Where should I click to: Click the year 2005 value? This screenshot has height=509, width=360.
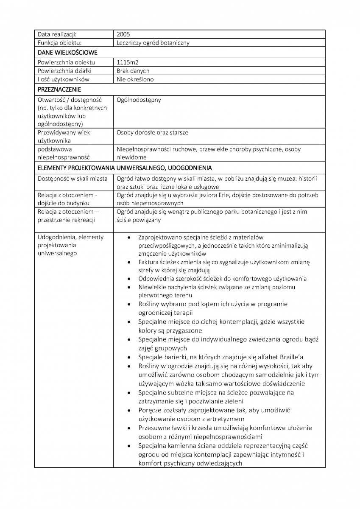(123, 34)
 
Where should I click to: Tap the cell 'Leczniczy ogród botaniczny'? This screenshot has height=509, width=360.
(153, 43)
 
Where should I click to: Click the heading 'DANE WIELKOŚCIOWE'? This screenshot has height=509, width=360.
(67, 53)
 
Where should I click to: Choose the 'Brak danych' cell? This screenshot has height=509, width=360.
(133, 71)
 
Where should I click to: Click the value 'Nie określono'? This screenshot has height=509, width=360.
(135, 79)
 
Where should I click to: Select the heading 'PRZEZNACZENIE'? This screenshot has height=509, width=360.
(59, 89)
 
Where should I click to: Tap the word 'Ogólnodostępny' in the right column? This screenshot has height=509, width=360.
(139, 100)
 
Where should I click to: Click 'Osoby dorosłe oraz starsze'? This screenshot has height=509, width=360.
(153, 132)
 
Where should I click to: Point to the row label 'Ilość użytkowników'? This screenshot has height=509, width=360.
(63, 79)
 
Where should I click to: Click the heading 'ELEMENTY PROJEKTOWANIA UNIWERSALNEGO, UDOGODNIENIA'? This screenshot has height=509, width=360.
(125, 168)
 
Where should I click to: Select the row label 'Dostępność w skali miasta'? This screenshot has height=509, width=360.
(73, 178)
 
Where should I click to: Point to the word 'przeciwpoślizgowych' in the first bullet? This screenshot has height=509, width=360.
(167, 245)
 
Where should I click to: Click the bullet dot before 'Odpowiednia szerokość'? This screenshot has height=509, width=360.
(128, 279)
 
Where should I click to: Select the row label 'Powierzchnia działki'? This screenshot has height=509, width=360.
(64, 71)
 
